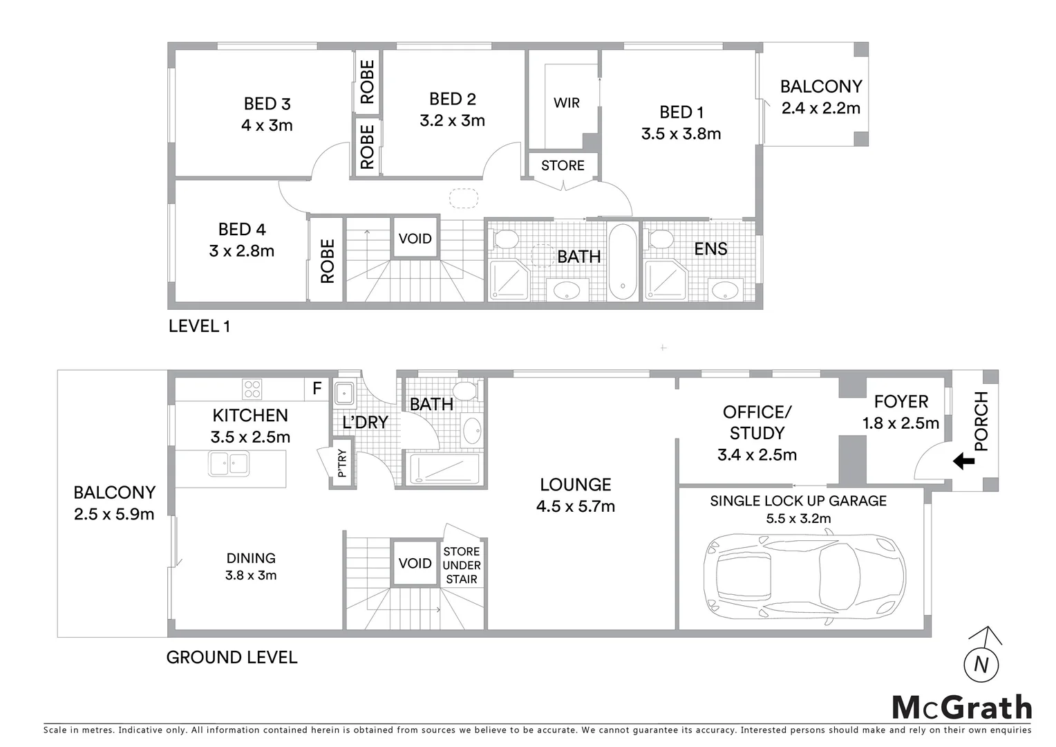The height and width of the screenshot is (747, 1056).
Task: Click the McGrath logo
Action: (961, 708)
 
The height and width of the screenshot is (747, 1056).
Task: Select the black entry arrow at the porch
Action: (963, 461)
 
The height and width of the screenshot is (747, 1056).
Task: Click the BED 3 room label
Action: (267, 104)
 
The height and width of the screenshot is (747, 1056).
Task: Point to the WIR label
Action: (566, 103)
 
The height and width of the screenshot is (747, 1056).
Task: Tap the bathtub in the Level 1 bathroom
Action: (623, 261)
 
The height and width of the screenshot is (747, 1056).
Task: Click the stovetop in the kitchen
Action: (252, 389)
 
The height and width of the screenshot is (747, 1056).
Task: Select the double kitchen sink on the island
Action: (229, 463)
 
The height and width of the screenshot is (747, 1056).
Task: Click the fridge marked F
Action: (317, 389)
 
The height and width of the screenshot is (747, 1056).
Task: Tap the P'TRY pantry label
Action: (343, 464)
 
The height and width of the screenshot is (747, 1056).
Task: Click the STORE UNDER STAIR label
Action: (461, 565)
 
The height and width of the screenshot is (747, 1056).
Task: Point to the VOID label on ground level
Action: (415, 563)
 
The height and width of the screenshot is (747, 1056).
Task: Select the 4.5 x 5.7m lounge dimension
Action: (575, 506)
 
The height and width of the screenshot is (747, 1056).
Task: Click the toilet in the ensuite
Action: (661, 240)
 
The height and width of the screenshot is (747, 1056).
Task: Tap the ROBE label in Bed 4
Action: (327, 261)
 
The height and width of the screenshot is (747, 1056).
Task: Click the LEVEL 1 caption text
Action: (199, 326)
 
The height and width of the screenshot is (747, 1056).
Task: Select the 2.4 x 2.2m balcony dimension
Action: (820, 108)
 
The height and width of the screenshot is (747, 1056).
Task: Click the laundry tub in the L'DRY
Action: (344, 394)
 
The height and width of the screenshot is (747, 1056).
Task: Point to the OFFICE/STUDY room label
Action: (757, 423)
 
